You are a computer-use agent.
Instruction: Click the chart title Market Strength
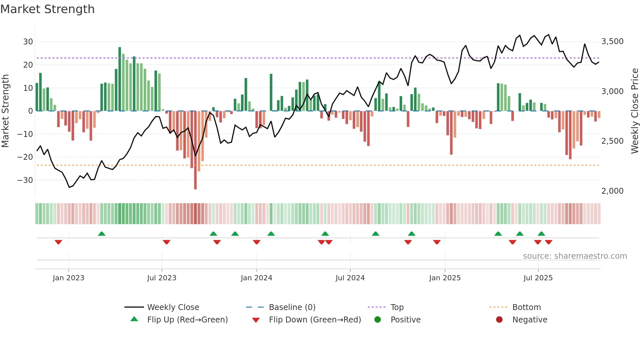tap(47, 9)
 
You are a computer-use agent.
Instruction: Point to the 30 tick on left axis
tap(28, 42)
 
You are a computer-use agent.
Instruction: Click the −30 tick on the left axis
tap(25, 180)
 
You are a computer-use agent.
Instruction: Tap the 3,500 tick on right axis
tap(612, 41)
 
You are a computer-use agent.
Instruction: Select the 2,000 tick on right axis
tap(612, 191)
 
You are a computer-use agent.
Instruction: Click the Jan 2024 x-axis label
tap(256, 278)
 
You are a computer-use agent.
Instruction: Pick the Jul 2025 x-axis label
tap(538, 278)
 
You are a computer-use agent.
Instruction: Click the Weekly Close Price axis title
tap(634, 111)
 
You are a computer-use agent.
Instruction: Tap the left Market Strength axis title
tap(6, 111)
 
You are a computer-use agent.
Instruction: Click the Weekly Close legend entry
tap(173, 307)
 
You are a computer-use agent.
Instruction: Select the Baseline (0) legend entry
tap(292, 307)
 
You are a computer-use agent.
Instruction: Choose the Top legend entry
tap(397, 307)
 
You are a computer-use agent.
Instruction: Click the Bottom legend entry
tap(526, 307)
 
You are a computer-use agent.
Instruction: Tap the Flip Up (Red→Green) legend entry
tap(187, 320)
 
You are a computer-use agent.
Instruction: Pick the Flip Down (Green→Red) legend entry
tap(315, 320)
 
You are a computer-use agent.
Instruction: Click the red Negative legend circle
tap(499, 320)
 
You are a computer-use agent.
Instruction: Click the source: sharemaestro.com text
tap(575, 256)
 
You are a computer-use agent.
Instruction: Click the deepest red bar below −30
tap(195, 150)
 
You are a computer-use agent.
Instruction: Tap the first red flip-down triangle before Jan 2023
tap(58, 242)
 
